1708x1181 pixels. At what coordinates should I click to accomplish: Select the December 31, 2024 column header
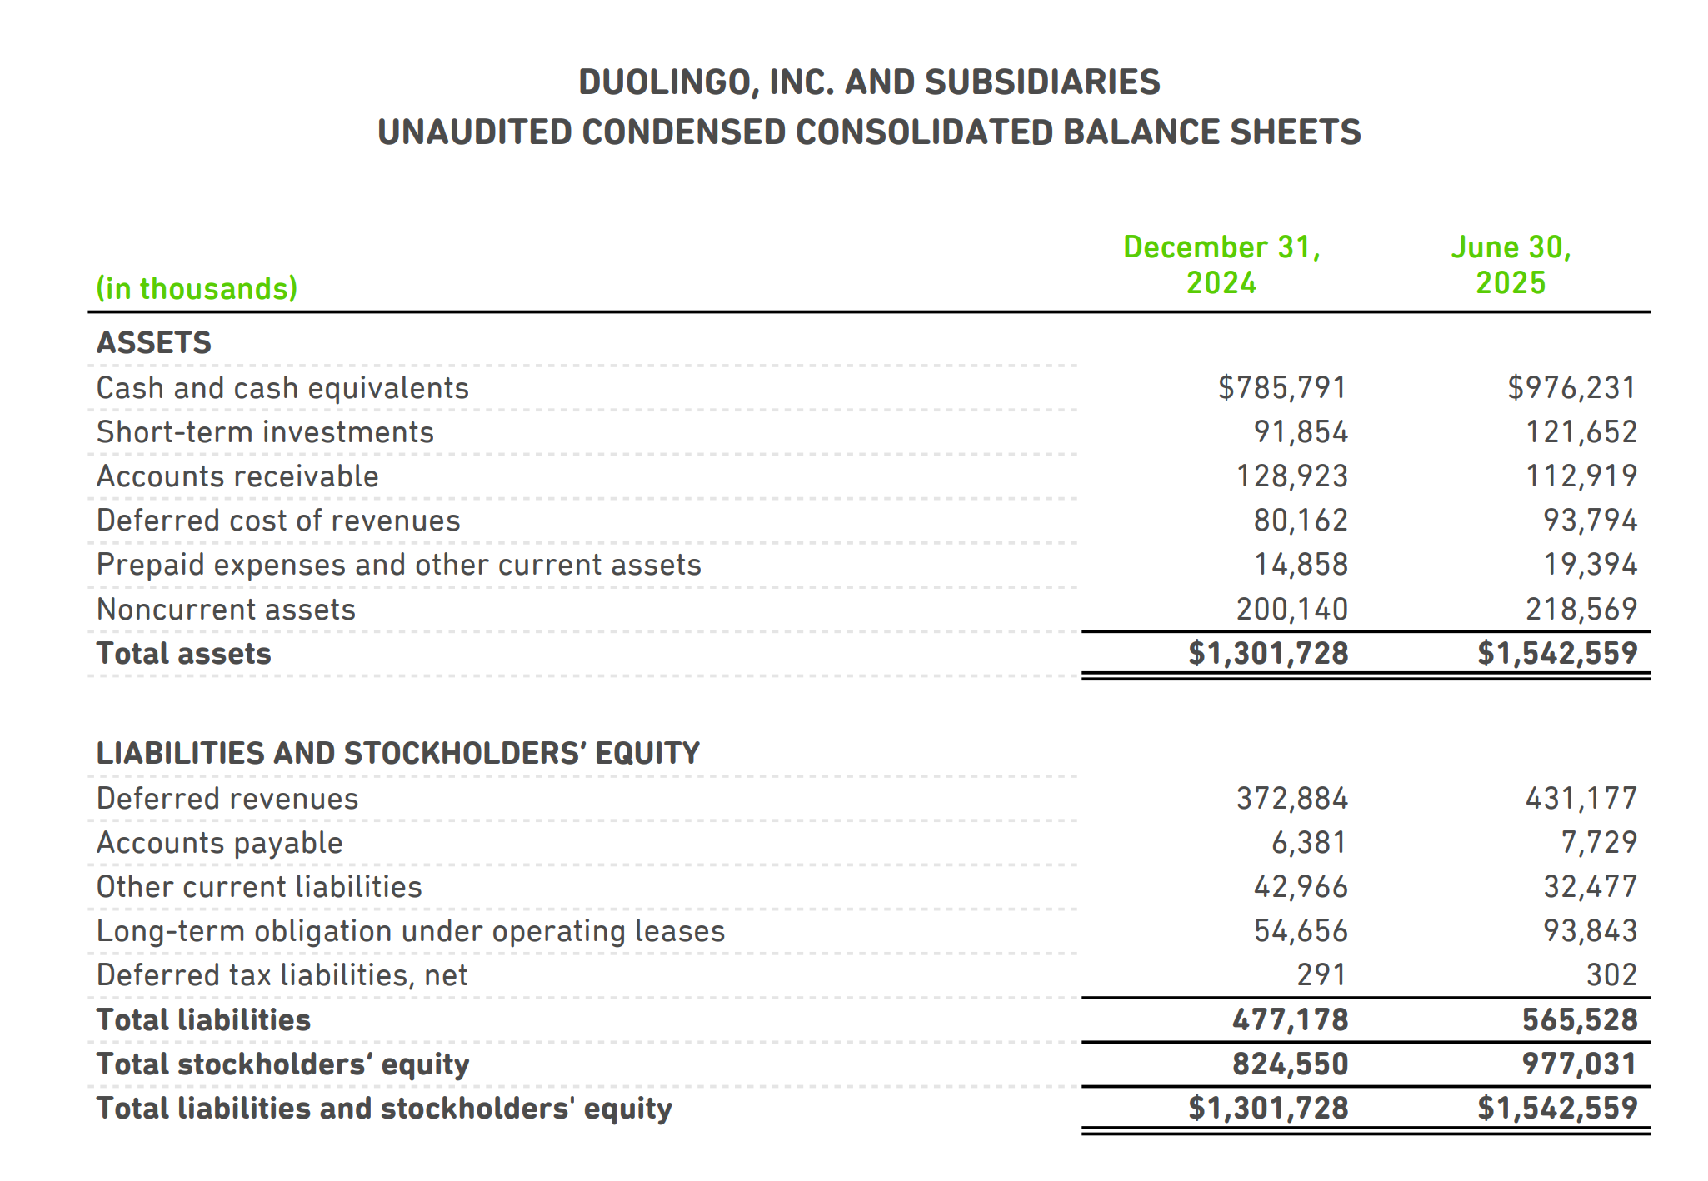pyautogui.click(x=1221, y=265)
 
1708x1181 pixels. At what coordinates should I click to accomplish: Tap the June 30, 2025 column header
pyautogui.click(x=1511, y=265)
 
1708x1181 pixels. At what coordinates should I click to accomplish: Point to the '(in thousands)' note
pyautogui.click(x=197, y=288)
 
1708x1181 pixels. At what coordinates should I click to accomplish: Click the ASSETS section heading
pyautogui.click(x=154, y=342)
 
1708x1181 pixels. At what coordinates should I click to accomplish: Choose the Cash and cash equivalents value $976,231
pyautogui.click(x=1571, y=387)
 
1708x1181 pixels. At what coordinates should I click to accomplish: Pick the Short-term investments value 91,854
pyautogui.click(x=1301, y=431)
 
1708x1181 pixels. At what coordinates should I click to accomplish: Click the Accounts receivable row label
pyautogui.click(x=237, y=476)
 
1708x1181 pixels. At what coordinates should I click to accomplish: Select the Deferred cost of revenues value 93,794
pyautogui.click(x=1590, y=520)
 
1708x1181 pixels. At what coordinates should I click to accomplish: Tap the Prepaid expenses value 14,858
pyautogui.click(x=1301, y=564)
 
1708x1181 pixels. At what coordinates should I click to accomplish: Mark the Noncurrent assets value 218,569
pyautogui.click(x=1581, y=609)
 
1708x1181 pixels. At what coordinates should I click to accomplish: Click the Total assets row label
pyautogui.click(x=184, y=653)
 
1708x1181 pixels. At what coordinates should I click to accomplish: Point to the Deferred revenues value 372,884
pyautogui.click(x=1291, y=798)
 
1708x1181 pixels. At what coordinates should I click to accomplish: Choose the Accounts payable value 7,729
pyautogui.click(x=1598, y=842)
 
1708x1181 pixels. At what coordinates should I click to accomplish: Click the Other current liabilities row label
pyautogui.click(x=259, y=886)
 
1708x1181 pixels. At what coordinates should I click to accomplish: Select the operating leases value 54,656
pyautogui.click(x=1301, y=930)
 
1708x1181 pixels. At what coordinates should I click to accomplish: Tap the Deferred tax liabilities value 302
pyautogui.click(x=1611, y=974)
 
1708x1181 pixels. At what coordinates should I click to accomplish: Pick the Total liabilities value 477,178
pyautogui.click(x=1290, y=1019)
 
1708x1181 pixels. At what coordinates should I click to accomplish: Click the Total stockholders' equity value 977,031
pyautogui.click(x=1579, y=1064)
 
